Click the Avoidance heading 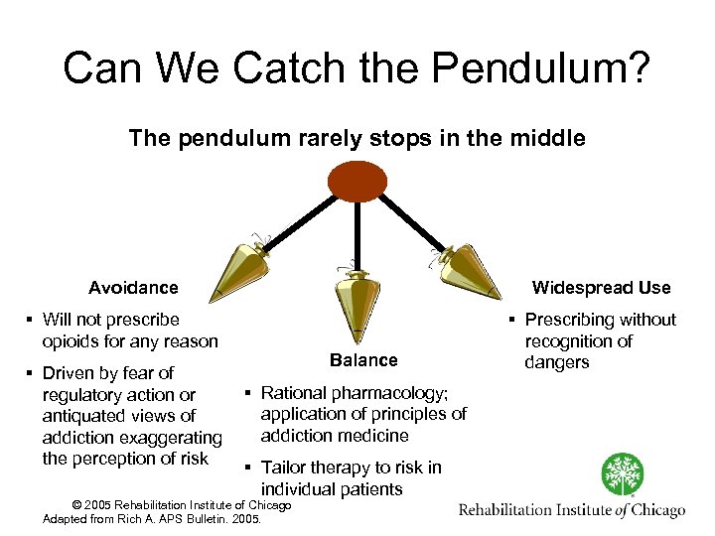(133, 288)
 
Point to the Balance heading (363, 360)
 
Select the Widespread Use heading (601, 288)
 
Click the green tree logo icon (624, 474)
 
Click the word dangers (557, 362)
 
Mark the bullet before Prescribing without (512, 321)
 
